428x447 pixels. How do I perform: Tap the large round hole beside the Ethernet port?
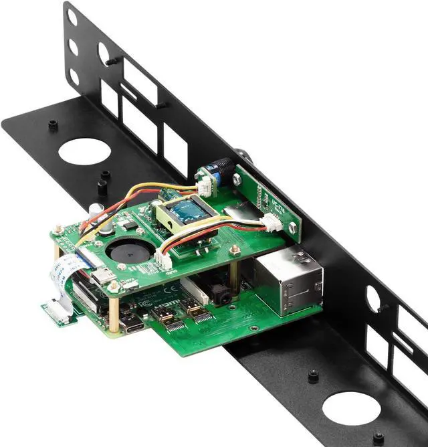tap(352, 409)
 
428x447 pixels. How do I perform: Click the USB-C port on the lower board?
tap(132, 325)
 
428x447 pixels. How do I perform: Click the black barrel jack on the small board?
tap(221, 167)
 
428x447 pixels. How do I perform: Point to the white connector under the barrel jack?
tap(205, 183)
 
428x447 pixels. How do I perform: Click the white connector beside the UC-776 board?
tap(272, 223)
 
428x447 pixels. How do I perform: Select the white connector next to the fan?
tap(163, 262)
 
